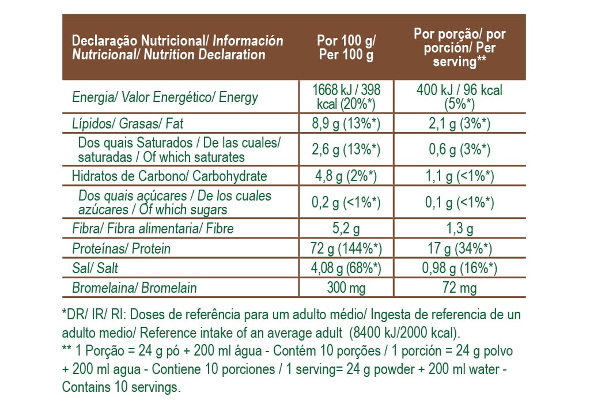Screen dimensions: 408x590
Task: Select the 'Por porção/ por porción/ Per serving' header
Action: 459,48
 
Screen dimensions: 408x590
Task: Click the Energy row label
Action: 165,97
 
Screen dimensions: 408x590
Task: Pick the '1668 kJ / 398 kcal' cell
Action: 346,97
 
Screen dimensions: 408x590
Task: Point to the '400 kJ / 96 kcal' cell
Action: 459,97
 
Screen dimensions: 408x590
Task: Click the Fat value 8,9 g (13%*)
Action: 346,123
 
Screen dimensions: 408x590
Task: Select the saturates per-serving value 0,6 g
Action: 459,150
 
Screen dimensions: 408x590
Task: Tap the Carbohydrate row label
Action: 169,176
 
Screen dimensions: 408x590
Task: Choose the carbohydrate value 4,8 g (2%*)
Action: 346,176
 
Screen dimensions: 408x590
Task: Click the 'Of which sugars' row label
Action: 175,202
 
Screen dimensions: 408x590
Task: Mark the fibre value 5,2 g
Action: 346,229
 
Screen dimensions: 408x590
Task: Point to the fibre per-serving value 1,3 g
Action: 459,229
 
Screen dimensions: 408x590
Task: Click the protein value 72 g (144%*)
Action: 346,249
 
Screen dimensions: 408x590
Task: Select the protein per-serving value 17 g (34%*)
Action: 459,249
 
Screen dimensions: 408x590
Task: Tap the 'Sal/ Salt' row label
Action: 95,269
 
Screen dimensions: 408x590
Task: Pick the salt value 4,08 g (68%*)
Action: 346,269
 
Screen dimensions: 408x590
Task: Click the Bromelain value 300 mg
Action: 346,288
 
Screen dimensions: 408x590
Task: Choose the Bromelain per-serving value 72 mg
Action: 459,288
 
